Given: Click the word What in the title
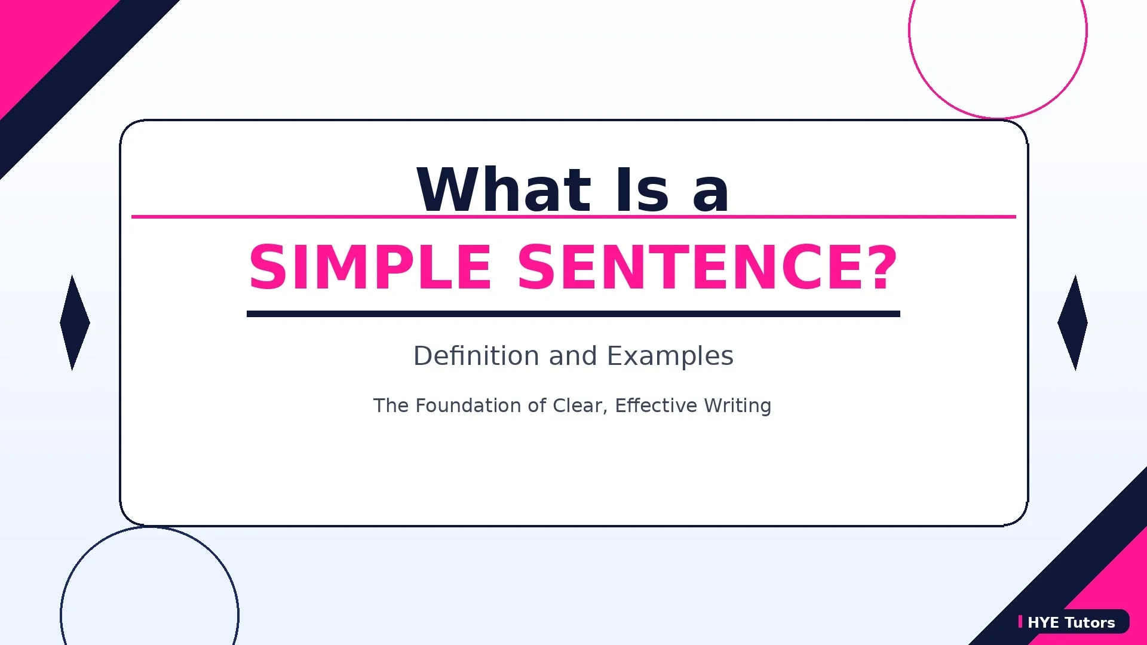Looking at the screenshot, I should pos(504,190).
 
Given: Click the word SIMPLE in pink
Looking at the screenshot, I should pos(370,268).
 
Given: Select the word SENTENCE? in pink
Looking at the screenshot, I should pos(707,268).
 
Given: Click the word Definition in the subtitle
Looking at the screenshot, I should pos(476,356).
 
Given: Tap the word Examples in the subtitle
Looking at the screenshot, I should pos(670,356).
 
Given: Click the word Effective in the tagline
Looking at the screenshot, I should pos(655,406).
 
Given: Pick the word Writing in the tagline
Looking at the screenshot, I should pos(737,406).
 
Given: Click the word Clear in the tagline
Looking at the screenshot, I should pos(577,406).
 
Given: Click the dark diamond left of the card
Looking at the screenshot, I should pos(75,322).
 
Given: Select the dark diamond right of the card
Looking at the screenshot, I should pos(1072,322).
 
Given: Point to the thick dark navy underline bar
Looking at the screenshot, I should pos(573,314).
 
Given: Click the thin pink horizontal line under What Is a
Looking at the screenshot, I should pos(269,217).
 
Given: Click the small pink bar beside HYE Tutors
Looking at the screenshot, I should pos(1020,622).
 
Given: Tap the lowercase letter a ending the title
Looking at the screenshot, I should pos(710,194).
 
